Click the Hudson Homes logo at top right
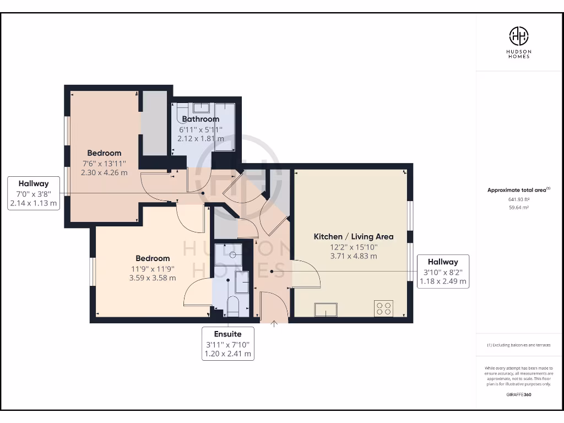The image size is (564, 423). (x=519, y=42)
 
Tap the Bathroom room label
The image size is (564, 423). (x=200, y=119)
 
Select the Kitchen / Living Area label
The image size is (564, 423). (x=354, y=237)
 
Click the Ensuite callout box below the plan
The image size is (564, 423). (x=227, y=344)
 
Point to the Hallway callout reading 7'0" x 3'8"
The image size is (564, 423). (x=34, y=193)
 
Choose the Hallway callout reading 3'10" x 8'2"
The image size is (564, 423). (x=443, y=272)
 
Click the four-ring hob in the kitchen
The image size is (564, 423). (x=383, y=308)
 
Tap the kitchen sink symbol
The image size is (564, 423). (x=326, y=310)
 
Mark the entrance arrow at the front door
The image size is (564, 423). (x=274, y=324)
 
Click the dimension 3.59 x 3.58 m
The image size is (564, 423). (x=153, y=278)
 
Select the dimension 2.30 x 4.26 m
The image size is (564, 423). (x=104, y=172)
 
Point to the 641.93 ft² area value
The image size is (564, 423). (x=519, y=199)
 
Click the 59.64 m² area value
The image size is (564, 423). (x=519, y=208)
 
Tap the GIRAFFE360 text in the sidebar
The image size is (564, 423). (x=519, y=394)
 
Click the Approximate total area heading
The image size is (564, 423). (x=519, y=190)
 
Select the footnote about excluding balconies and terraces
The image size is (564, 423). (x=519, y=345)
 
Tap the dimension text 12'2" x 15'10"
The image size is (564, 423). (x=354, y=247)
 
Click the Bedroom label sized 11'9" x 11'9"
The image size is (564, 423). (x=153, y=258)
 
